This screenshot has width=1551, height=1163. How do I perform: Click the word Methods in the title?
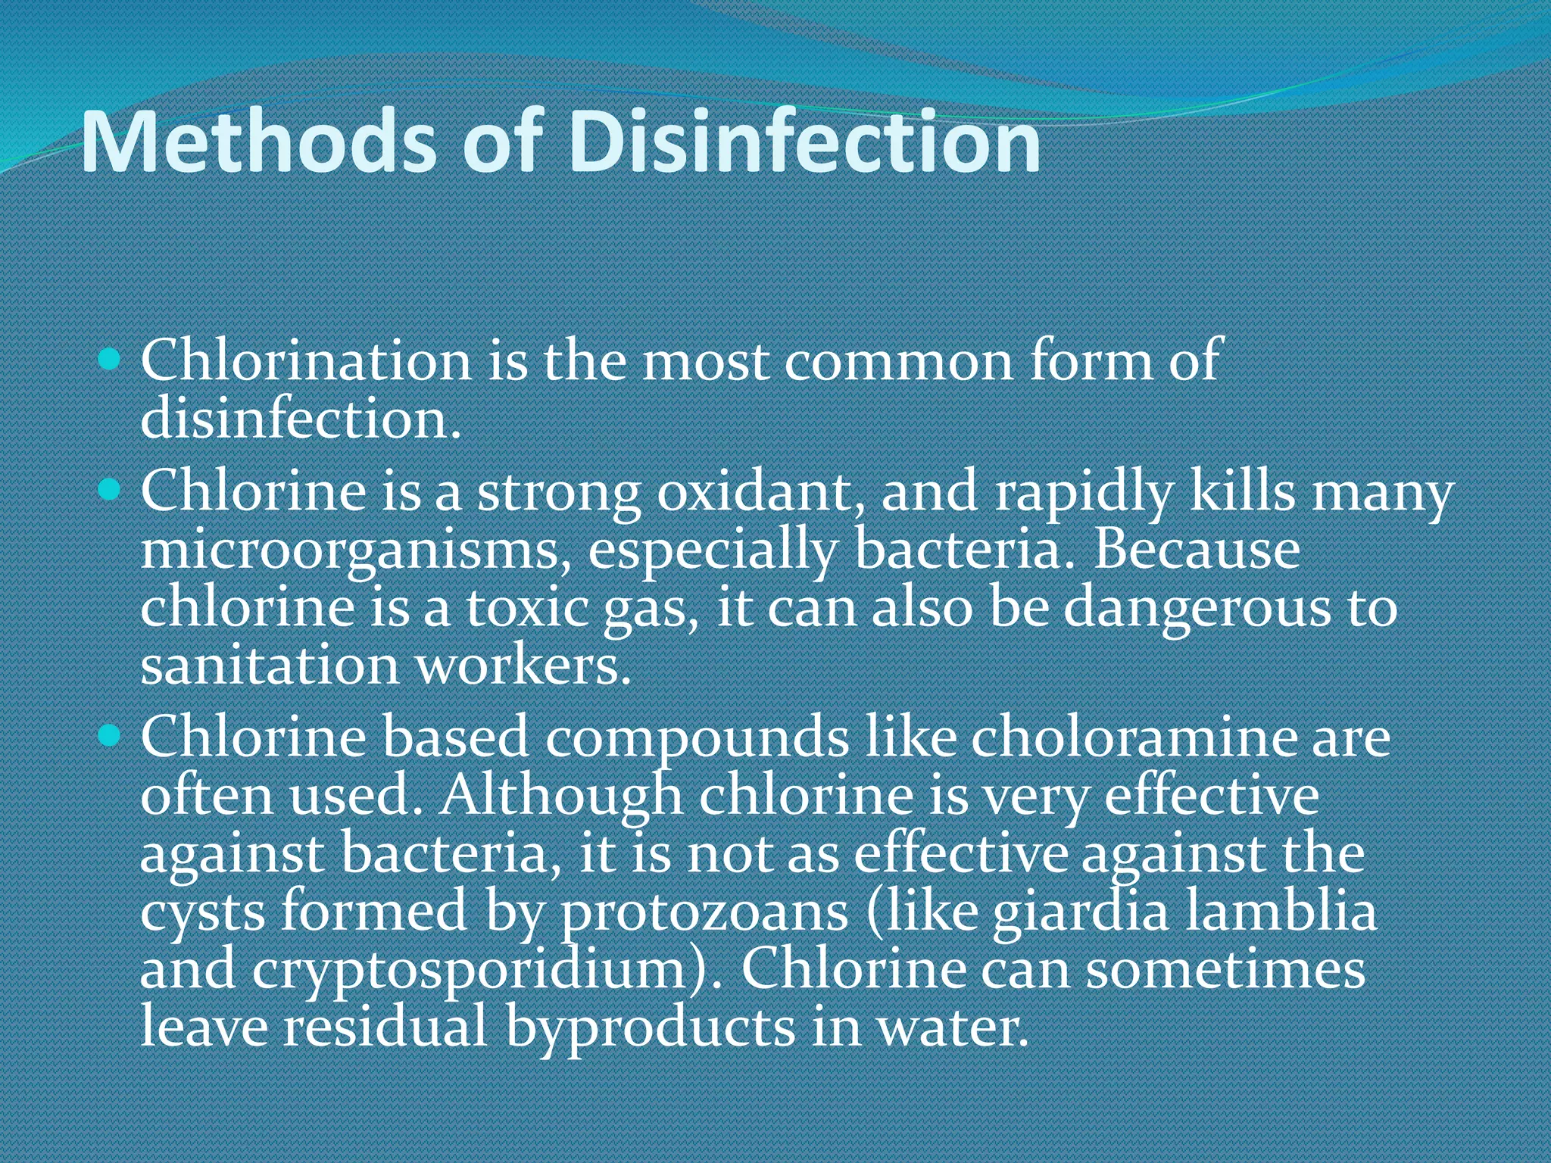pyautogui.click(x=258, y=143)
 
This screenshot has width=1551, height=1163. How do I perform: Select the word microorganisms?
pyautogui.click(x=355, y=551)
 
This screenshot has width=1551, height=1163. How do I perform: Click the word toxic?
pyautogui.click(x=527, y=609)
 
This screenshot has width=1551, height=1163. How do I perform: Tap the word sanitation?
pyautogui.click(x=270, y=666)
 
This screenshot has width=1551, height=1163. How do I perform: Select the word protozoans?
pyautogui.click(x=704, y=913)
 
